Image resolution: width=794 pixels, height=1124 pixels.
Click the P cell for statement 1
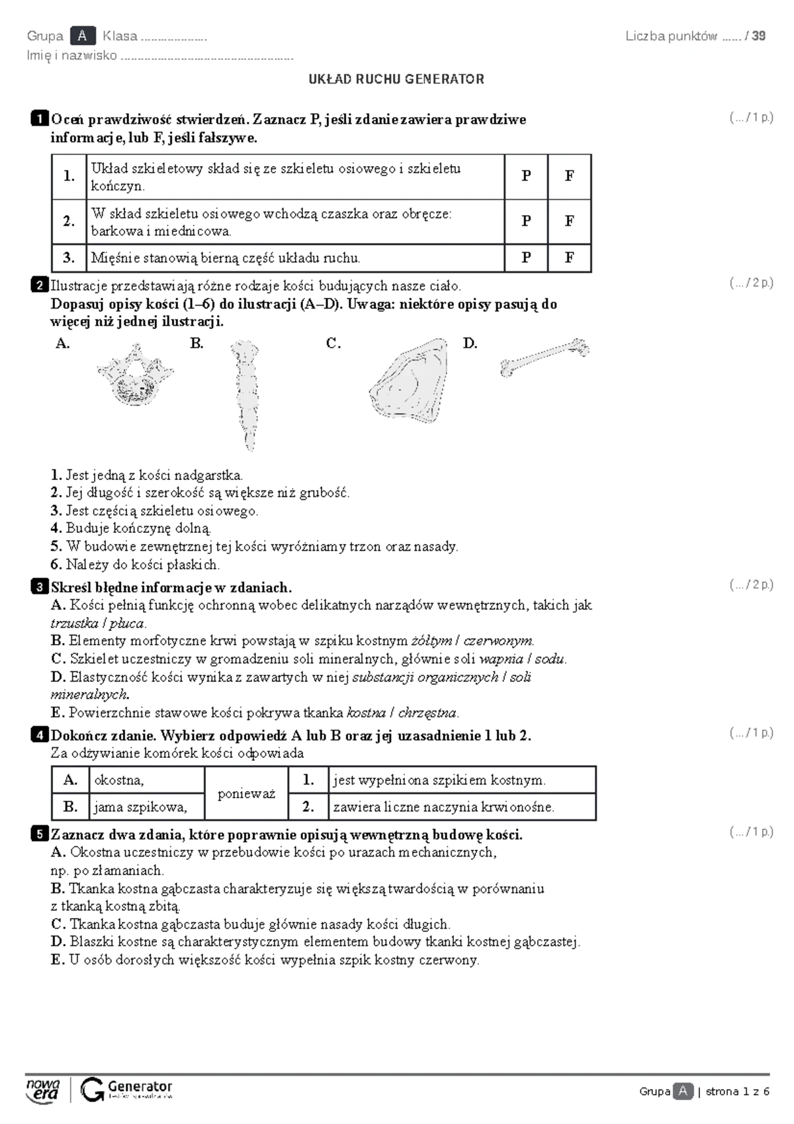525,177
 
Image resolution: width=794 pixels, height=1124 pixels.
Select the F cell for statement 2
569,221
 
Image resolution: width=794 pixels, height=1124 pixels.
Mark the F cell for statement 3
569,258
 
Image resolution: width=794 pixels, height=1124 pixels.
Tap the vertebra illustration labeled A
136,375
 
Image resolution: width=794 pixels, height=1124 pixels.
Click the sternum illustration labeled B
245,395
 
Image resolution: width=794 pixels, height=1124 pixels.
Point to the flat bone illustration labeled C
409,381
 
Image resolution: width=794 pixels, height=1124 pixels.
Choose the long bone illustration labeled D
545,357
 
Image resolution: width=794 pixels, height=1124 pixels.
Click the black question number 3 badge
39,586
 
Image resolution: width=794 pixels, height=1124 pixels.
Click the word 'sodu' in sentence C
550,659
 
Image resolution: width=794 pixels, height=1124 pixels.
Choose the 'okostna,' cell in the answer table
146,780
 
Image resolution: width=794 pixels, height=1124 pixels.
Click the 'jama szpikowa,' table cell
146,807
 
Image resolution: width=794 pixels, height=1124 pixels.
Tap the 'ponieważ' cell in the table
246,793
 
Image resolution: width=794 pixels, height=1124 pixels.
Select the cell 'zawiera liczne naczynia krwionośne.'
462,807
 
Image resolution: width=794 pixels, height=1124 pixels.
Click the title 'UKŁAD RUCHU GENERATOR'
396,79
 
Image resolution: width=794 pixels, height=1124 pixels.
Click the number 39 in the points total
758,36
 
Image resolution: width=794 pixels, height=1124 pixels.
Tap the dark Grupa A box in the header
83,36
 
